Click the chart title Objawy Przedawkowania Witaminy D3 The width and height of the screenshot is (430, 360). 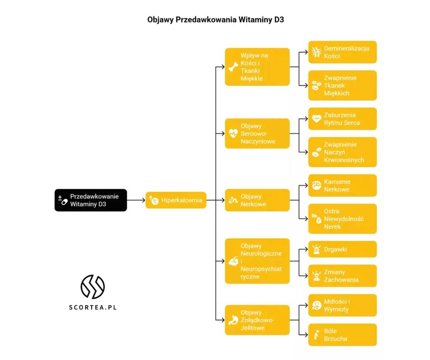215,20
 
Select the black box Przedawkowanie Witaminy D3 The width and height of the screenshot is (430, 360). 91,200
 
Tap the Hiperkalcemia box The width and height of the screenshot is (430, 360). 176,200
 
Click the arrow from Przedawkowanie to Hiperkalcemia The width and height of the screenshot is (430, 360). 136,200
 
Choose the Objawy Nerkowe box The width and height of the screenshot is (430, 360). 257,200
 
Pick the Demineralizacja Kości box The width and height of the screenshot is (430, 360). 342,52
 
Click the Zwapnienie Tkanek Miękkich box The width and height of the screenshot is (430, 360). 342,86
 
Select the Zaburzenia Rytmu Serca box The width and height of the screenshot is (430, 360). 342,119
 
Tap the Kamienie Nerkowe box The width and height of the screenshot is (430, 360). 342,186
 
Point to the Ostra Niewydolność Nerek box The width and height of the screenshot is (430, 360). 342,219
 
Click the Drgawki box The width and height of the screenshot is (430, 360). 342,249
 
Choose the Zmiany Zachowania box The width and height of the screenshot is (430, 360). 342,276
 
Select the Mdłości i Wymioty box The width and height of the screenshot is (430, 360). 342,306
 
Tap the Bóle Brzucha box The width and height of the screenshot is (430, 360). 342,335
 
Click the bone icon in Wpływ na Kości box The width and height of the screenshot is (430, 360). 233,67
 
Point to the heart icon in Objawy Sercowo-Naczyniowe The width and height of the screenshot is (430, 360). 233,133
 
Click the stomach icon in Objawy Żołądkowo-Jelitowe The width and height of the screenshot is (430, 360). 233,320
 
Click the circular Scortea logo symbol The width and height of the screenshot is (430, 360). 93,287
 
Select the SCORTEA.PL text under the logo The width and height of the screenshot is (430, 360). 93,307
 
